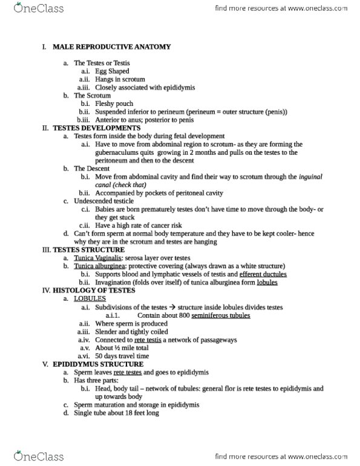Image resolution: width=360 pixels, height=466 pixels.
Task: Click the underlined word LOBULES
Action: pos(90,299)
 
